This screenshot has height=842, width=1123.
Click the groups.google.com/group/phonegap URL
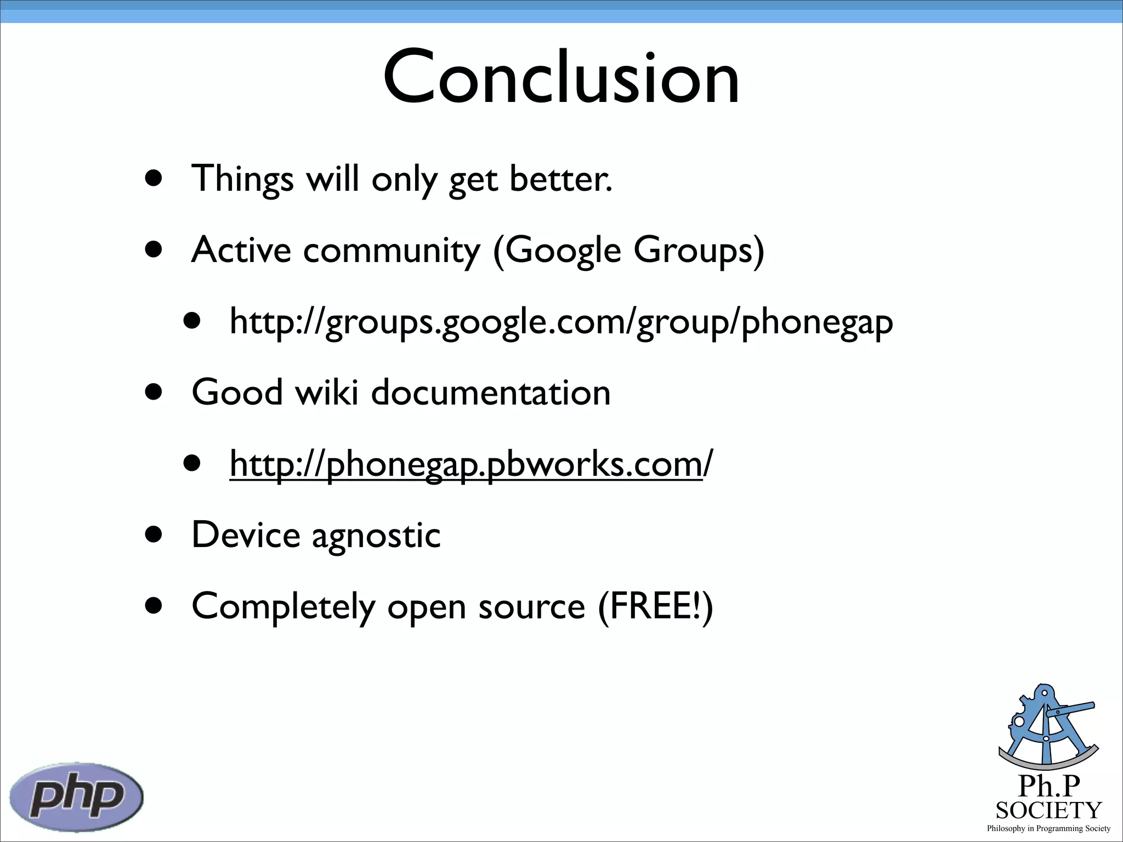(561, 321)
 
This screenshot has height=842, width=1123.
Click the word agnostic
(376, 535)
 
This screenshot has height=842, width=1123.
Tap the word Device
(246, 535)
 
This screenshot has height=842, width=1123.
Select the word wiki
(327, 392)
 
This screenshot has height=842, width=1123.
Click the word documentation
(491, 392)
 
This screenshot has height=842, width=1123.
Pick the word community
(392, 251)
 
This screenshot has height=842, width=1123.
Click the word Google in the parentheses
(563, 251)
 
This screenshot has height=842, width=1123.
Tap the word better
(560, 179)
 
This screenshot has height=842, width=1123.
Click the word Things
(242, 179)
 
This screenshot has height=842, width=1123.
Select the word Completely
(283, 606)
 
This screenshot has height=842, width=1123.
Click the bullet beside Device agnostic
(154, 534)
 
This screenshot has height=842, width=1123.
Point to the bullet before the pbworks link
(192, 463)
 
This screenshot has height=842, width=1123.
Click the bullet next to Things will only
(154, 178)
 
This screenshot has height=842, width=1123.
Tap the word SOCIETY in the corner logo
(1048, 810)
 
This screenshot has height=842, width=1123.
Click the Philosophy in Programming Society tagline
(1048, 828)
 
